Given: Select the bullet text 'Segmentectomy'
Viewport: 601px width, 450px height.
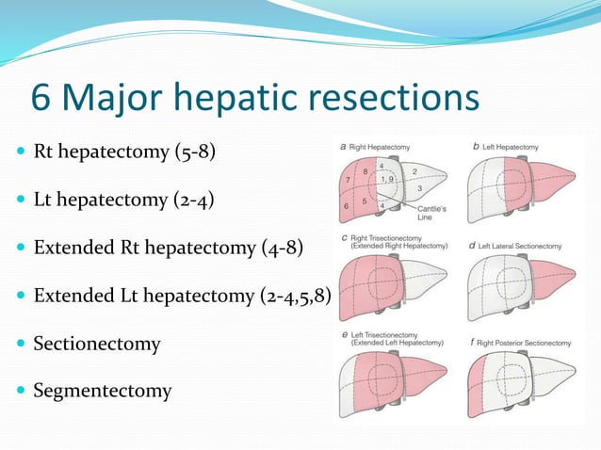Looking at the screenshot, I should pos(103,390).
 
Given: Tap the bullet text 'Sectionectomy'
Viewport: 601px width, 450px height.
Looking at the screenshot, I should pos(97,344).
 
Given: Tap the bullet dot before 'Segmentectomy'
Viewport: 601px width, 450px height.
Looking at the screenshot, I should pos(18,391).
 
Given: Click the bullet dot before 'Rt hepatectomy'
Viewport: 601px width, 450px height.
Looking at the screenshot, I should pos(18,153).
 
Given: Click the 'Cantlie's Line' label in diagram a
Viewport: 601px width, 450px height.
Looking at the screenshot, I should pos(433,212).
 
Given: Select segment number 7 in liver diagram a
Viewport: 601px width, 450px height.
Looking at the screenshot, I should pos(349,179).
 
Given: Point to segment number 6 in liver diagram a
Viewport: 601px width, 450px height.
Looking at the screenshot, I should pos(349,205).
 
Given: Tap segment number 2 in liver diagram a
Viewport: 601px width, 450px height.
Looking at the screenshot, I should pos(414,172).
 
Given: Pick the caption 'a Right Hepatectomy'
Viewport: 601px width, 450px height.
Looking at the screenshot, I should pos(374,148).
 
